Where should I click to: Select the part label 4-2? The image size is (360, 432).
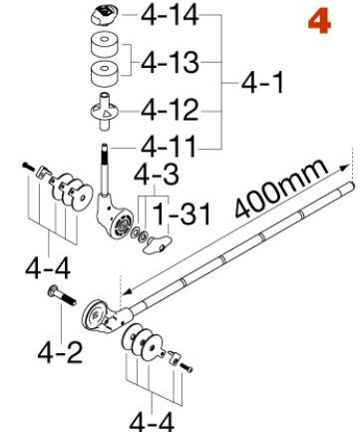(x=54, y=351)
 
